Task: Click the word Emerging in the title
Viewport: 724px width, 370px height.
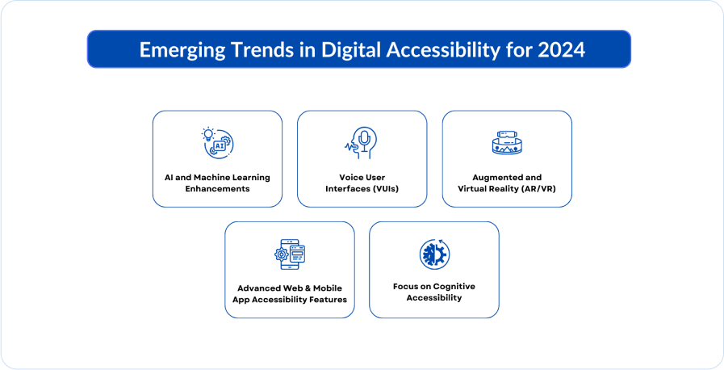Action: pyautogui.click(x=182, y=50)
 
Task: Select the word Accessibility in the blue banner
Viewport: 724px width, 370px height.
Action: pyautogui.click(x=443, y=50)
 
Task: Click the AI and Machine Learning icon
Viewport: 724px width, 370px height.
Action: pyautogui.click(x=217, y=143)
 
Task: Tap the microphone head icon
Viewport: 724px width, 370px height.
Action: pyautogui.click(x=361, y=143)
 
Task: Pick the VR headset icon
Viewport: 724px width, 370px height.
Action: pyautogui.click(x=507, y=142)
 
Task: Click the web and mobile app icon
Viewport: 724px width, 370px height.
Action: pyautogui.click(x=290, y=254)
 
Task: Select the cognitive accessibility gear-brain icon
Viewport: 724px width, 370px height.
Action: pyautogui.click(x=434, y=254)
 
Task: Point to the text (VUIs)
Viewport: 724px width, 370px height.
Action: pyautogui.click(x=386, y=189)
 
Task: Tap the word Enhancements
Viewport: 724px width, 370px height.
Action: pyautogui.click(x=217, y=189)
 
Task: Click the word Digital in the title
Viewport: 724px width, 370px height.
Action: pyautogui.click(x=351, y=50)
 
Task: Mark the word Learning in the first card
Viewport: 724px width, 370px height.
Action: pyautogui.click(x=251, y=178)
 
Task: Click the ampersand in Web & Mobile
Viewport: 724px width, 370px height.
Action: pyautogui.click(x=308, y=288)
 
